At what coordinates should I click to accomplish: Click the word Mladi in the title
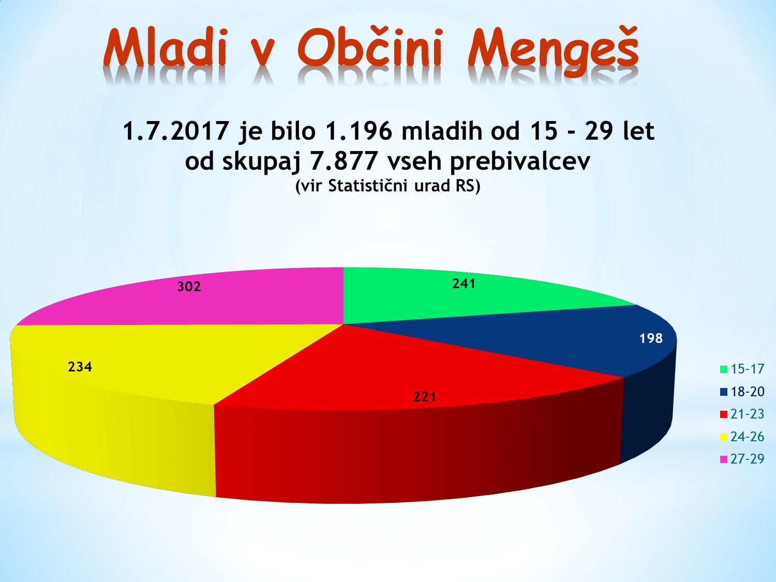click(165, 48)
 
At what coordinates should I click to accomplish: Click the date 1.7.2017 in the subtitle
click(175, 131)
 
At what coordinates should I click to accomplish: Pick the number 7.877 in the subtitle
click(342, 161)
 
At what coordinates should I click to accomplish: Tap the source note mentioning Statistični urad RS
click(388, 186)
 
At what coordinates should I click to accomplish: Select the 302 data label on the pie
click(189, 286)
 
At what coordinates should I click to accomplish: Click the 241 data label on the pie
click(464, 283)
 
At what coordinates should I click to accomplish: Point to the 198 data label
click(651, 338)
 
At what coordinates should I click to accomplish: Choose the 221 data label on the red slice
click(425, 397)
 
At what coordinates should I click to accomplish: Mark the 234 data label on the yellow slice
click(80, 367)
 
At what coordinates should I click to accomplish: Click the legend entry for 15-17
click(742, 369)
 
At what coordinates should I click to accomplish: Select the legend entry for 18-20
click(742, 392)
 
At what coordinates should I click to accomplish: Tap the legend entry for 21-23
click(742, 414)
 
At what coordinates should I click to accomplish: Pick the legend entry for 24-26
click(742, 437)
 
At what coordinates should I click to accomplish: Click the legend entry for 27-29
click(742, 459)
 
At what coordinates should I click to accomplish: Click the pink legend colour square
click(724, 459)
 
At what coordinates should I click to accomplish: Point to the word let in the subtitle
click(638, 131)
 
